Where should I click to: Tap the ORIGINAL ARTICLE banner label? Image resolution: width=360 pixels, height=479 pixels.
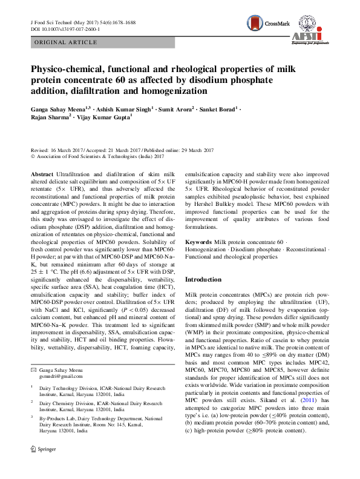pos(67,42)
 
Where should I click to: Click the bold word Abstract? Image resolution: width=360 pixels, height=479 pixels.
pos(42,173)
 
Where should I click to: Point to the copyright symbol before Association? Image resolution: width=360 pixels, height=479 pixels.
pos(33,156)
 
